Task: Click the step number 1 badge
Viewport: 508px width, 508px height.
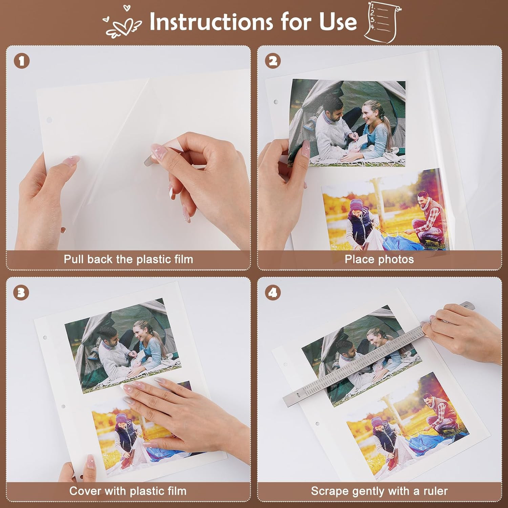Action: coord(22,61)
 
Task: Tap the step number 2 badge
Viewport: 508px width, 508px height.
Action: coord(273,61)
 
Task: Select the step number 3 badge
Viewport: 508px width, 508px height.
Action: coord(21,292)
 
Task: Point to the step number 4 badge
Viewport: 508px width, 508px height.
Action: coord(273,292)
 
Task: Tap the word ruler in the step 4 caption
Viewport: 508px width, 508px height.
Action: coord(436,491)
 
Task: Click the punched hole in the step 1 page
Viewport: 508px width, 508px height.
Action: coord(49,120)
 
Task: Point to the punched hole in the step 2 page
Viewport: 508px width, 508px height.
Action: coord(276,102)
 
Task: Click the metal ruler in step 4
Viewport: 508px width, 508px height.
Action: coord(379,354)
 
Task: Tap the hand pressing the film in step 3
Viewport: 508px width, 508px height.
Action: coord(179,411)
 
